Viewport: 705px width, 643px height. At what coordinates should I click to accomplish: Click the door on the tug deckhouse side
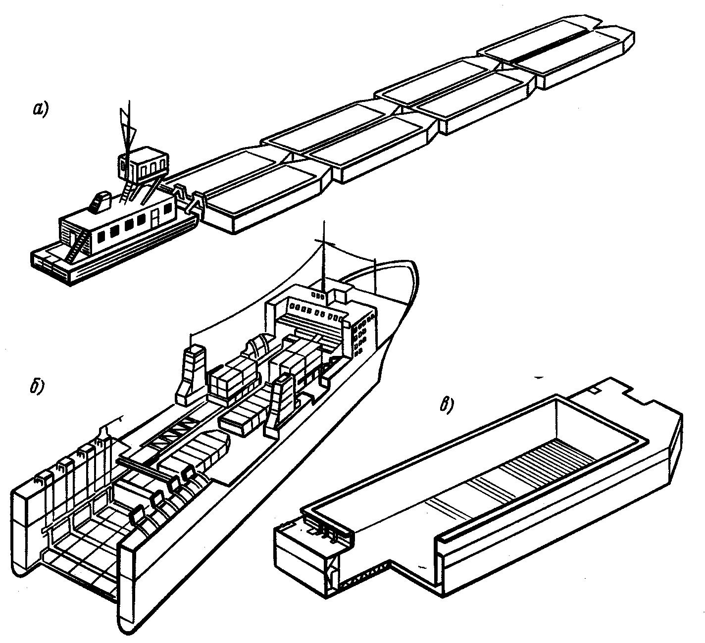(x=154, y=219)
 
